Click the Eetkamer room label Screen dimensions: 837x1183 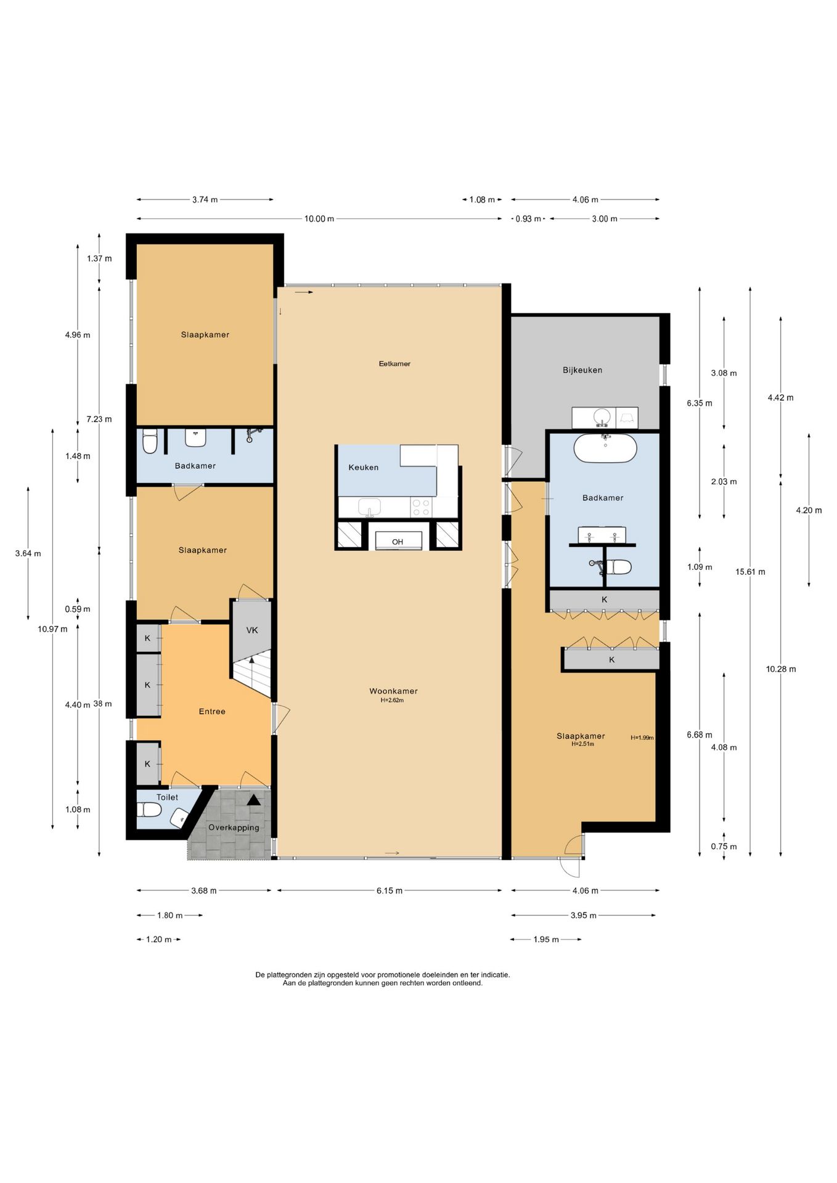(394, 364)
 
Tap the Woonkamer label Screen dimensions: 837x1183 (393, 691)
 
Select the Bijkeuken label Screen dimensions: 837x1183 (582, 370)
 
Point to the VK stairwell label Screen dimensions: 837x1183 (252, 630)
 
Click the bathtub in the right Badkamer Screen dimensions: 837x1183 (605, 448)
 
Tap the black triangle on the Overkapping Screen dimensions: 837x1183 (253, 800)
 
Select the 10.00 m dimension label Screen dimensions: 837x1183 (319, 219)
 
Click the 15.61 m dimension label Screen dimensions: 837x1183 (750, 572)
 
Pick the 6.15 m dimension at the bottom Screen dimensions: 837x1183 (390, 890)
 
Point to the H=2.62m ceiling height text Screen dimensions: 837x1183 (392, 700)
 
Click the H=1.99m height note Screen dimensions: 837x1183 (642, 738)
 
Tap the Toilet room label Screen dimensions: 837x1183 (167, 797)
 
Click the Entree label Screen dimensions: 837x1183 (212, 712)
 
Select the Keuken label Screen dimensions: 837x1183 (364, 468)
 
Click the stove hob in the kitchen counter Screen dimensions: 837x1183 (422, 508)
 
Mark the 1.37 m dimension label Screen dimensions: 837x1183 (99, 259)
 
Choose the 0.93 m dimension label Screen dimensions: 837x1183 (528, 219)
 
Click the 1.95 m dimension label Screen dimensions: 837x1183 (546, 940)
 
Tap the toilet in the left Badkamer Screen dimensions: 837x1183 (150, 442)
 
